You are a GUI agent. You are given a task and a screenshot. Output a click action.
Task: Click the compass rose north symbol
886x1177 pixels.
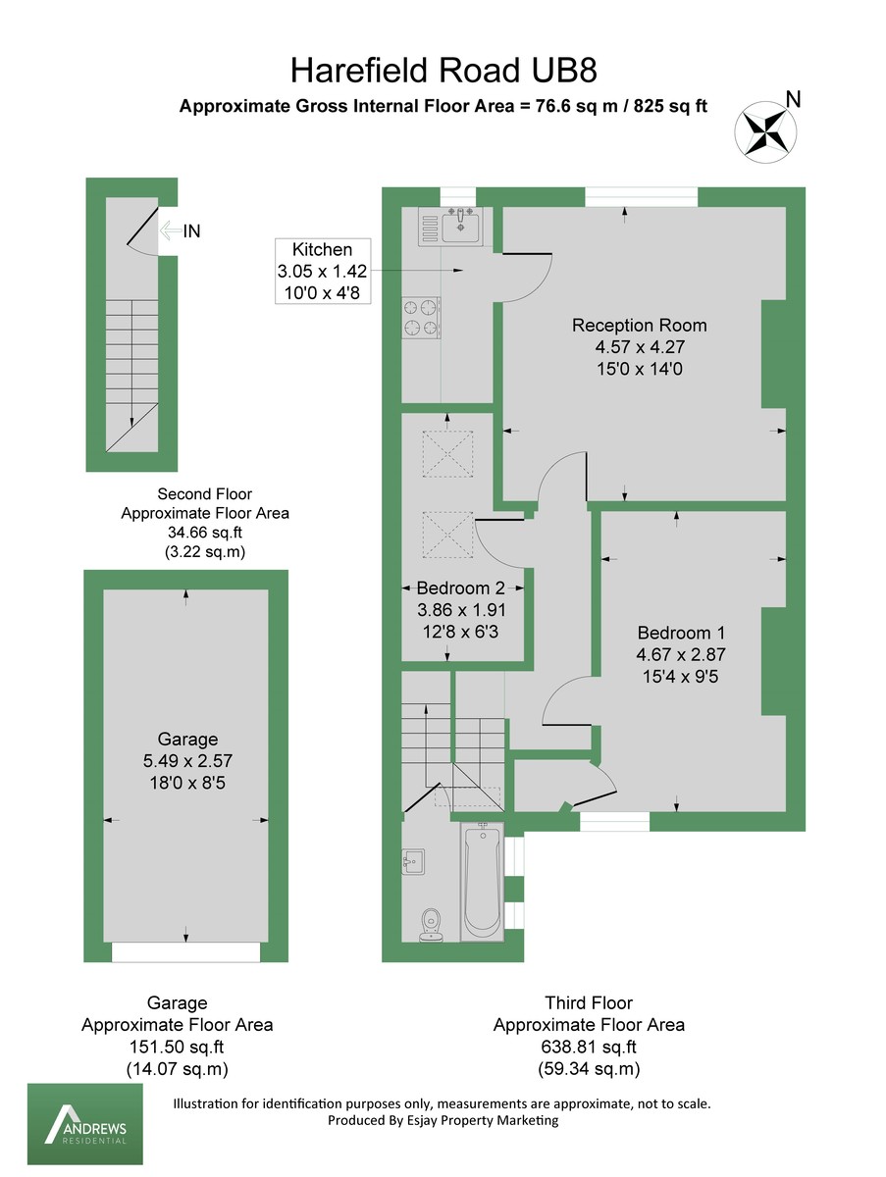764,130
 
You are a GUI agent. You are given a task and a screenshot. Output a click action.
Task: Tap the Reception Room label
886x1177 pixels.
639,326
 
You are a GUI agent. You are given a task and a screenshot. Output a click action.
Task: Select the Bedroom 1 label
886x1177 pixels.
681,633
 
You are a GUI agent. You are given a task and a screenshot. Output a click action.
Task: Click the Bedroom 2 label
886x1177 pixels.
460,588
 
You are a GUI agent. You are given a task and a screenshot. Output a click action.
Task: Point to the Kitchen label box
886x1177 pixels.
323,271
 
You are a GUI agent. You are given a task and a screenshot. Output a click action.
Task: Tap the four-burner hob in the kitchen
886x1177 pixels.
421,317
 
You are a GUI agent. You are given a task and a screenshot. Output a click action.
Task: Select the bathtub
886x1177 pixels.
482,881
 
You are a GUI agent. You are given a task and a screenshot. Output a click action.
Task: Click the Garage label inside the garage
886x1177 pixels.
187,740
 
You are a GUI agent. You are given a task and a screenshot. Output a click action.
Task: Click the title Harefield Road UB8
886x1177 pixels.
443,71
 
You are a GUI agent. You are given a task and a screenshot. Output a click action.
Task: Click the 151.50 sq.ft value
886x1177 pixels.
177,1047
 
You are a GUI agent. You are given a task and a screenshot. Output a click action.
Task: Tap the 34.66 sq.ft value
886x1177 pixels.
204,533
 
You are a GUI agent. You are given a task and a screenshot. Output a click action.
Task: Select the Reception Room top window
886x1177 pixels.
642,197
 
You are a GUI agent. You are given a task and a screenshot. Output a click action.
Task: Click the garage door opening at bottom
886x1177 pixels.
185,951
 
